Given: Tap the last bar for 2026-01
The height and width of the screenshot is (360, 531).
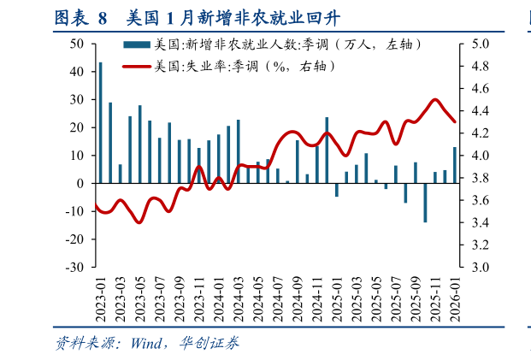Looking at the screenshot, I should coord(454,165).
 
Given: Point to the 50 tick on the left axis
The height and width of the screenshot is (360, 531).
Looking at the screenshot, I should coord(77,44).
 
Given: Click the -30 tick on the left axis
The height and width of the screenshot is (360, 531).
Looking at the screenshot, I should coord(74,267).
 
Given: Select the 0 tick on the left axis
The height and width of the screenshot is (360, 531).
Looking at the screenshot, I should coord(80,183).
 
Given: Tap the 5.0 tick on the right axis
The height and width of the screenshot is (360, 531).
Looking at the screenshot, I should coord(479,44).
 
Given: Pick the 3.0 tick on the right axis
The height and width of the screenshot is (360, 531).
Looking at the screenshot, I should coord(479,267).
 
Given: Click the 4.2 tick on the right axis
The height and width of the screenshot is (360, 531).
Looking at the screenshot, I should coord(479,133).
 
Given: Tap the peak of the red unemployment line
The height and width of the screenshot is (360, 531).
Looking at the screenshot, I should coord(435,100).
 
